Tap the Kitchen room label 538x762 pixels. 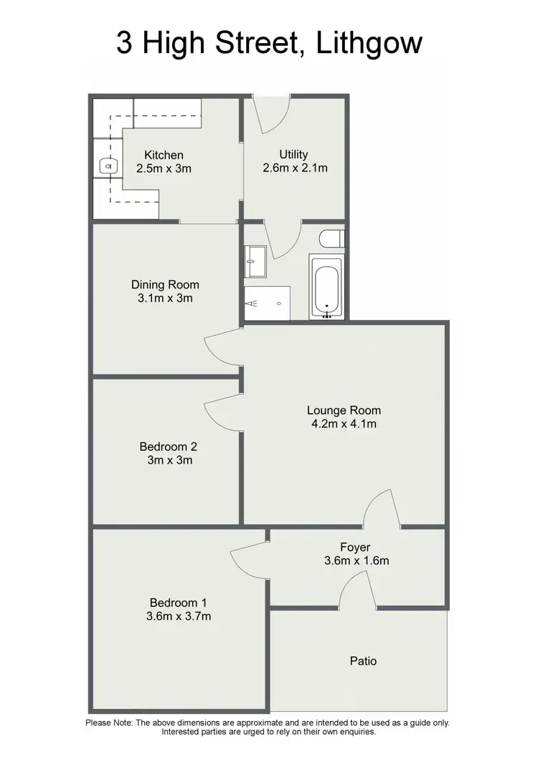click(x=164, y=155)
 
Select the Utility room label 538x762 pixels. click(x=293, y=154)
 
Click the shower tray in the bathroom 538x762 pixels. click(x=268, y=304)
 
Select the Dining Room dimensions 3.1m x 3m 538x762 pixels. click(x=165, y=298)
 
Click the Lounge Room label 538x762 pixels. click(x=344, y=410)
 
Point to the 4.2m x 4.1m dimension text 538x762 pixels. click(x=344, y=424)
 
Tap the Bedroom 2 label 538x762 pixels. click(x=168, y=446)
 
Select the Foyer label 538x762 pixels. click(x=355, y=547)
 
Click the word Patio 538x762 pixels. click(x=364, y=661)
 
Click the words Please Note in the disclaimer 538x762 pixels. click(x=110, y=723)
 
